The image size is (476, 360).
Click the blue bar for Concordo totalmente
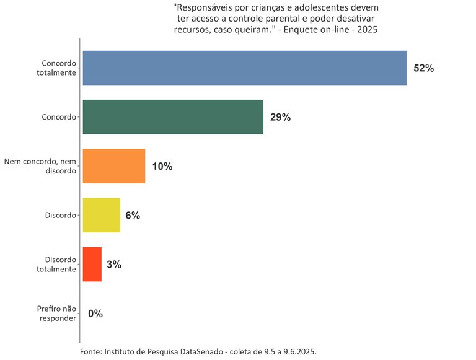(x=244, y=68)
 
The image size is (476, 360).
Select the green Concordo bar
(x=173, y=117)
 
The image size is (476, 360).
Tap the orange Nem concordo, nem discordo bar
(x=114, y=166)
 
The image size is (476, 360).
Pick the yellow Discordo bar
(x=102, y=215)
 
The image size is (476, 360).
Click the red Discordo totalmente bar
(x=92, y=265)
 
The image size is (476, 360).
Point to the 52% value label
(x=424, y=68)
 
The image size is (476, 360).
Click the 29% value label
(x=280, y=117)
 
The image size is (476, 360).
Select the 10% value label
(x=162, y=166)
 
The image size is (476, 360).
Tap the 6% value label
(x=133, y=216)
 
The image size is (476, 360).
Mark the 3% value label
(x=114, y=265)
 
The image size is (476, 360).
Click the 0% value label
(x=95, y=314)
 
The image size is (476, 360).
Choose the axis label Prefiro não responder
(x=56, y=314)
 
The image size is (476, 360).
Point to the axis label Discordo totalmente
(x=60, y=265)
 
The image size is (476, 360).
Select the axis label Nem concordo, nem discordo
(x=40, y=166)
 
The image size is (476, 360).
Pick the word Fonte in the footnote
(x=90, y=351)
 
